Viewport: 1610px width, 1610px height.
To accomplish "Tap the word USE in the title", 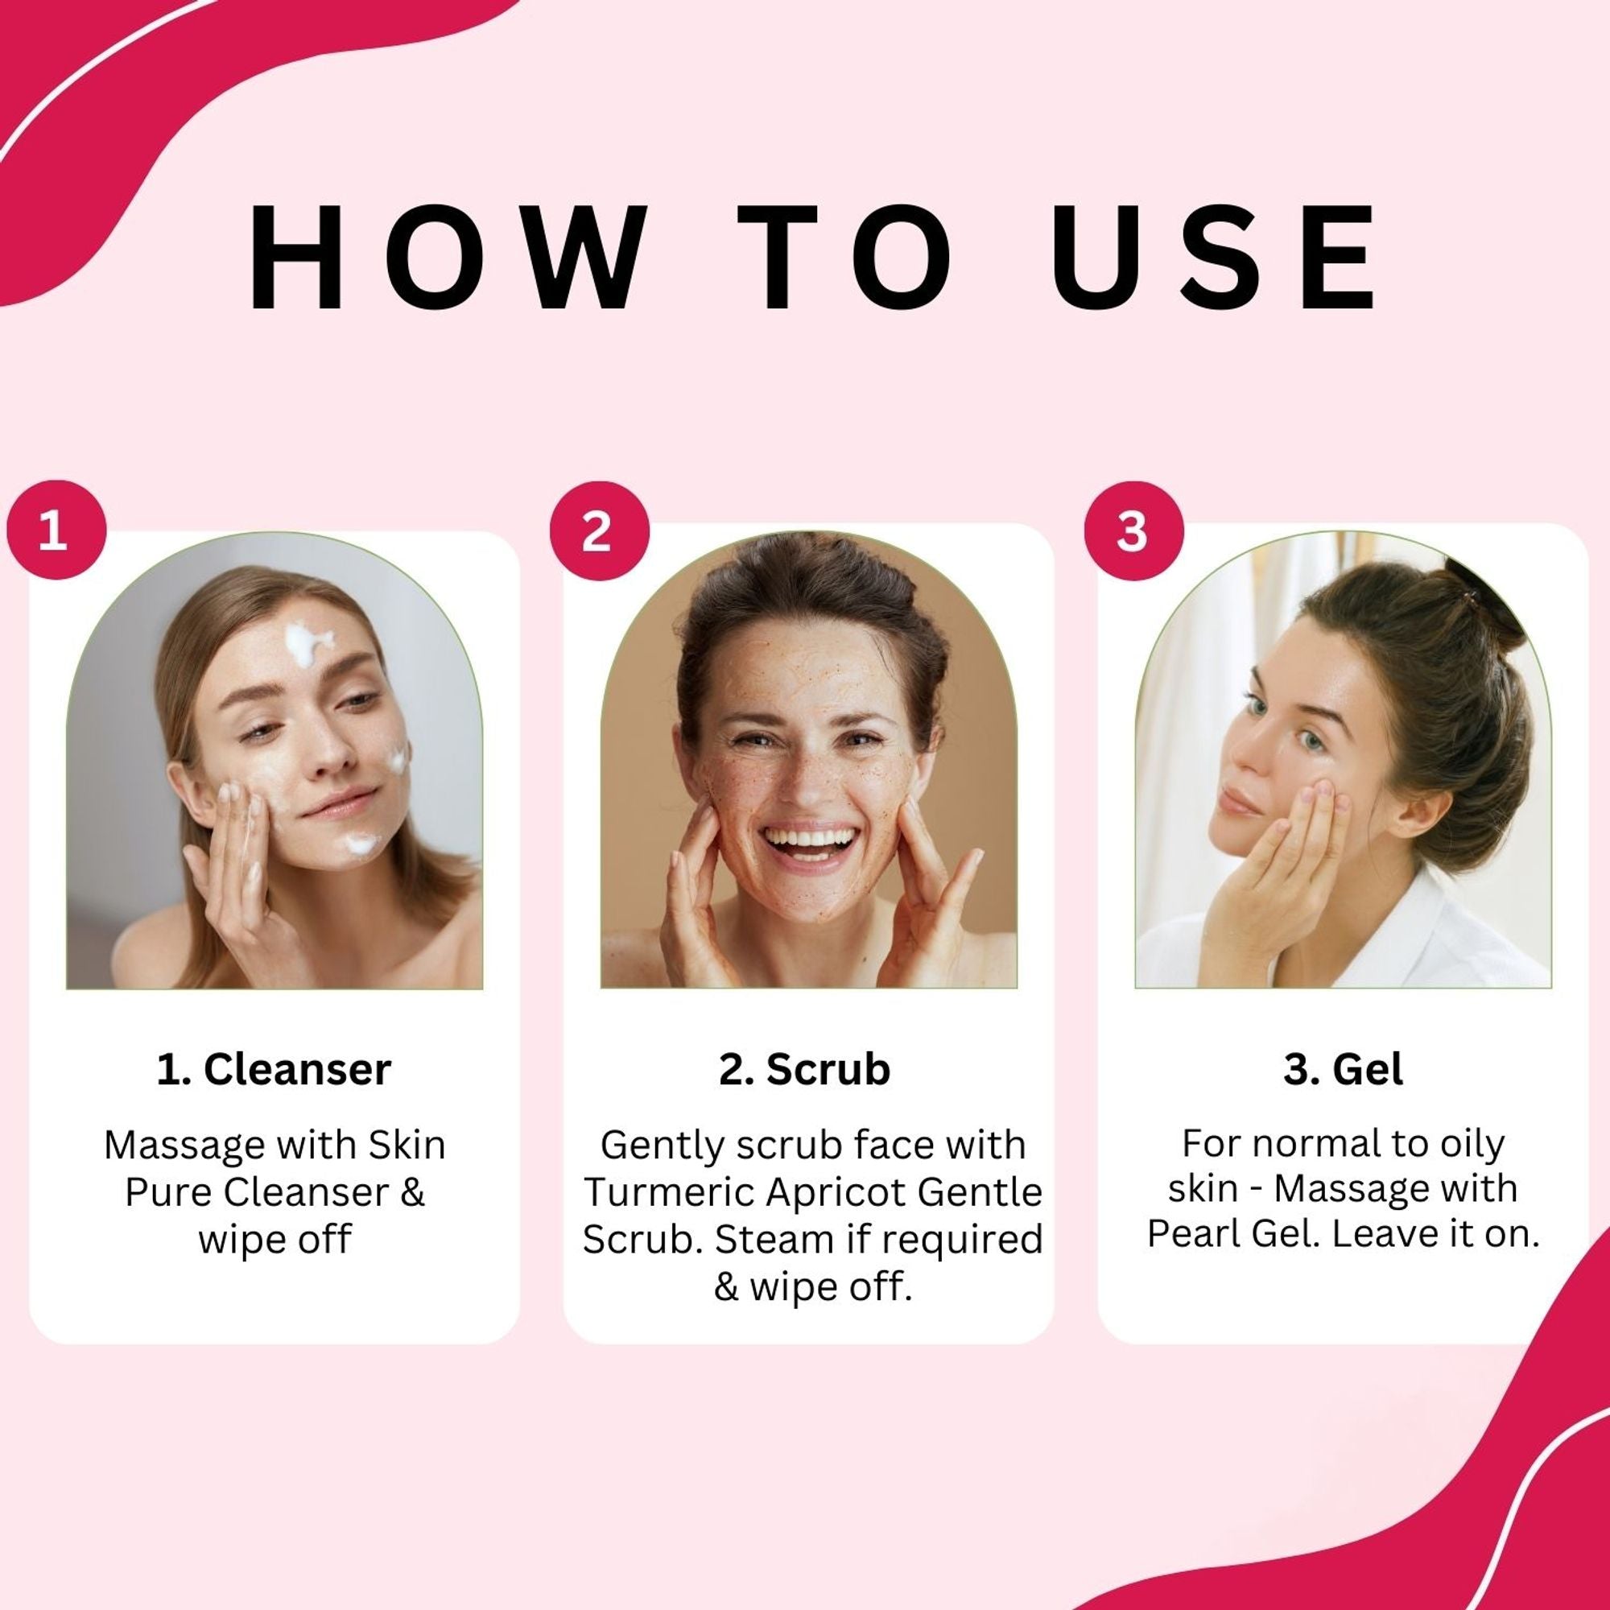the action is pyautogui.click(x=1212, y=258).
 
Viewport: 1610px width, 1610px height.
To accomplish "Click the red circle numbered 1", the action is pyautogui.click(x=56, y=530).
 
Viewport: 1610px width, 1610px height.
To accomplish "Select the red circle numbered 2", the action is pyautogui.click(x=599, y=530).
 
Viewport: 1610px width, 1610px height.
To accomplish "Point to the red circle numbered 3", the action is pyautogui.click(x=1133, y=530).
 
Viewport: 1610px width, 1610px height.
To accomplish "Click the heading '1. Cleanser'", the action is pyautogui.click(x=274, y=1069).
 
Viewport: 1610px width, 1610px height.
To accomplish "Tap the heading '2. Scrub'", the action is pyautogui.click(x=804, y=1069).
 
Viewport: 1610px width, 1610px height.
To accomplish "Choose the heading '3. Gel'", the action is pyautogui.click(x=1343, y=1069).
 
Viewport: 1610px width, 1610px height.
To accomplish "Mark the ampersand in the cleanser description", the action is pyautogui.click(x=413, y=1192).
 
